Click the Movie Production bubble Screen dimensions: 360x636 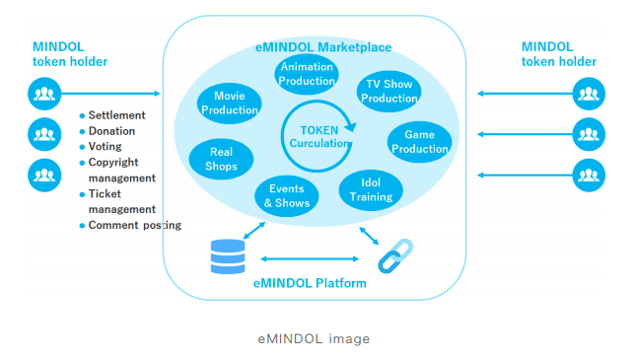[x=229, y=103]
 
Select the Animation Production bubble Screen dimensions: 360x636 [x=307, y=75]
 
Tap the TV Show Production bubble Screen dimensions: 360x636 [x=389, y=91]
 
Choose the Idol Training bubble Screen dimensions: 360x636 [x=370, y=189]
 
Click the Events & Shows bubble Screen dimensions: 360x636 [x=287, y=195]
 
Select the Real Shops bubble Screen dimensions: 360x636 [x=220, y=159]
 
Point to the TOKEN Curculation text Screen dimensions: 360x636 [x=319, y=136]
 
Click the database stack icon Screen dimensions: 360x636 [x=228, y=256]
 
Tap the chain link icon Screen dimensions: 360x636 [x=396, y=255]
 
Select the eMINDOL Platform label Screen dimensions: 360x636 [x=312, y=283]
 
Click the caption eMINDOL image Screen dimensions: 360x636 [x=314, y=338]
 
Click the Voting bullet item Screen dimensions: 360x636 [x=106, y=147]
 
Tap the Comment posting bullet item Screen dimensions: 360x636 [x=134, y=225]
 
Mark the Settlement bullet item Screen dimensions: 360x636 [x=117, y=115]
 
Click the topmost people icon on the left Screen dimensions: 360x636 [x=42, y=94]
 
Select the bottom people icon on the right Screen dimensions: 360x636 [x=589, y=175]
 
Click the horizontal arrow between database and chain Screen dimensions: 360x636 [x=312, y=258]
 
